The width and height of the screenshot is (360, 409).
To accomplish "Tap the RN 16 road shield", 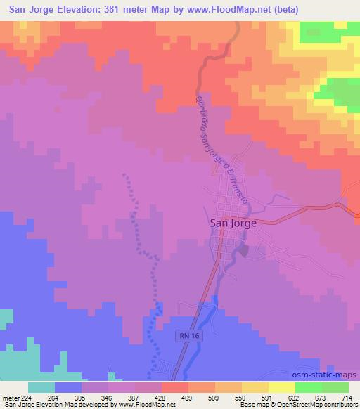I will pos(184,337).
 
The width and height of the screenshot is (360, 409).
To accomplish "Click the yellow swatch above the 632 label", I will pos(281,387).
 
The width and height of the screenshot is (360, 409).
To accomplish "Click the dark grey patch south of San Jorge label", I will pos(244,248).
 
